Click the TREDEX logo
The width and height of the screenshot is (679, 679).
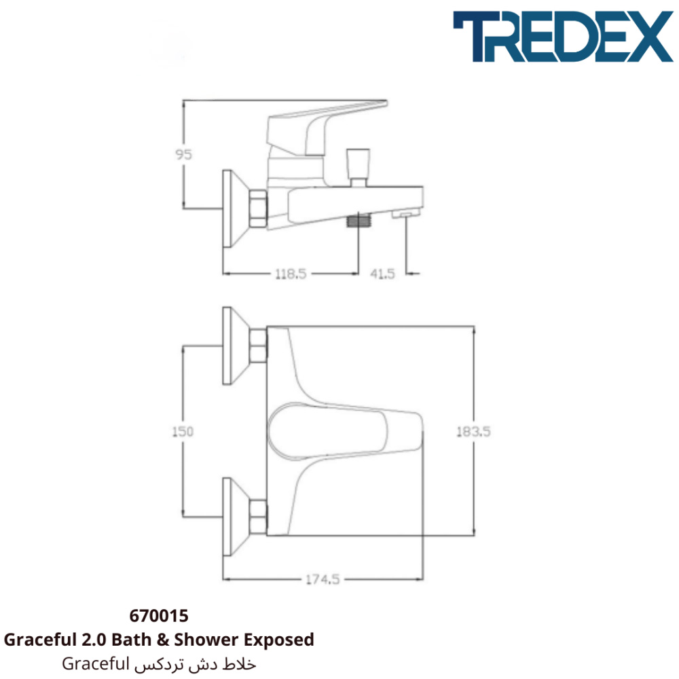(563, 37)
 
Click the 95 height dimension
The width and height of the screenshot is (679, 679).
(183, 154)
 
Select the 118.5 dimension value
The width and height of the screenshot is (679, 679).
(291, 274)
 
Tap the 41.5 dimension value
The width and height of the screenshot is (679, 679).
(382, 274)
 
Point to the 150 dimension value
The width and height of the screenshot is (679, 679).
(183, 431)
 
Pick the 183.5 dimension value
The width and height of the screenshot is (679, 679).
(474, 431)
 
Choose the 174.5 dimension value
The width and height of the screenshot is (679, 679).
(323, 579)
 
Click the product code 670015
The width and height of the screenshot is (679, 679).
(159, 616)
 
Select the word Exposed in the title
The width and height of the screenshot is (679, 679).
(279, 640)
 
